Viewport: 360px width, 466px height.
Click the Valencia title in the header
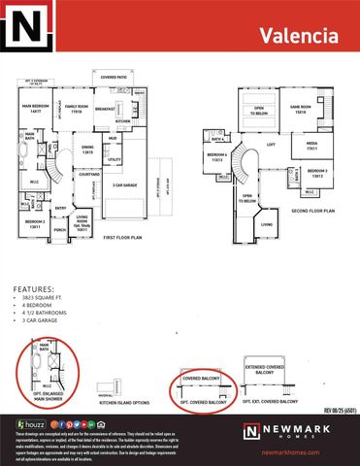(x=299, y=36)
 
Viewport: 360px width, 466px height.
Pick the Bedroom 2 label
(x=36, y=226)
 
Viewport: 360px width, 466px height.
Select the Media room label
(x=312, y=146)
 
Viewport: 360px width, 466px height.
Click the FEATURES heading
(x=33, y=289)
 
